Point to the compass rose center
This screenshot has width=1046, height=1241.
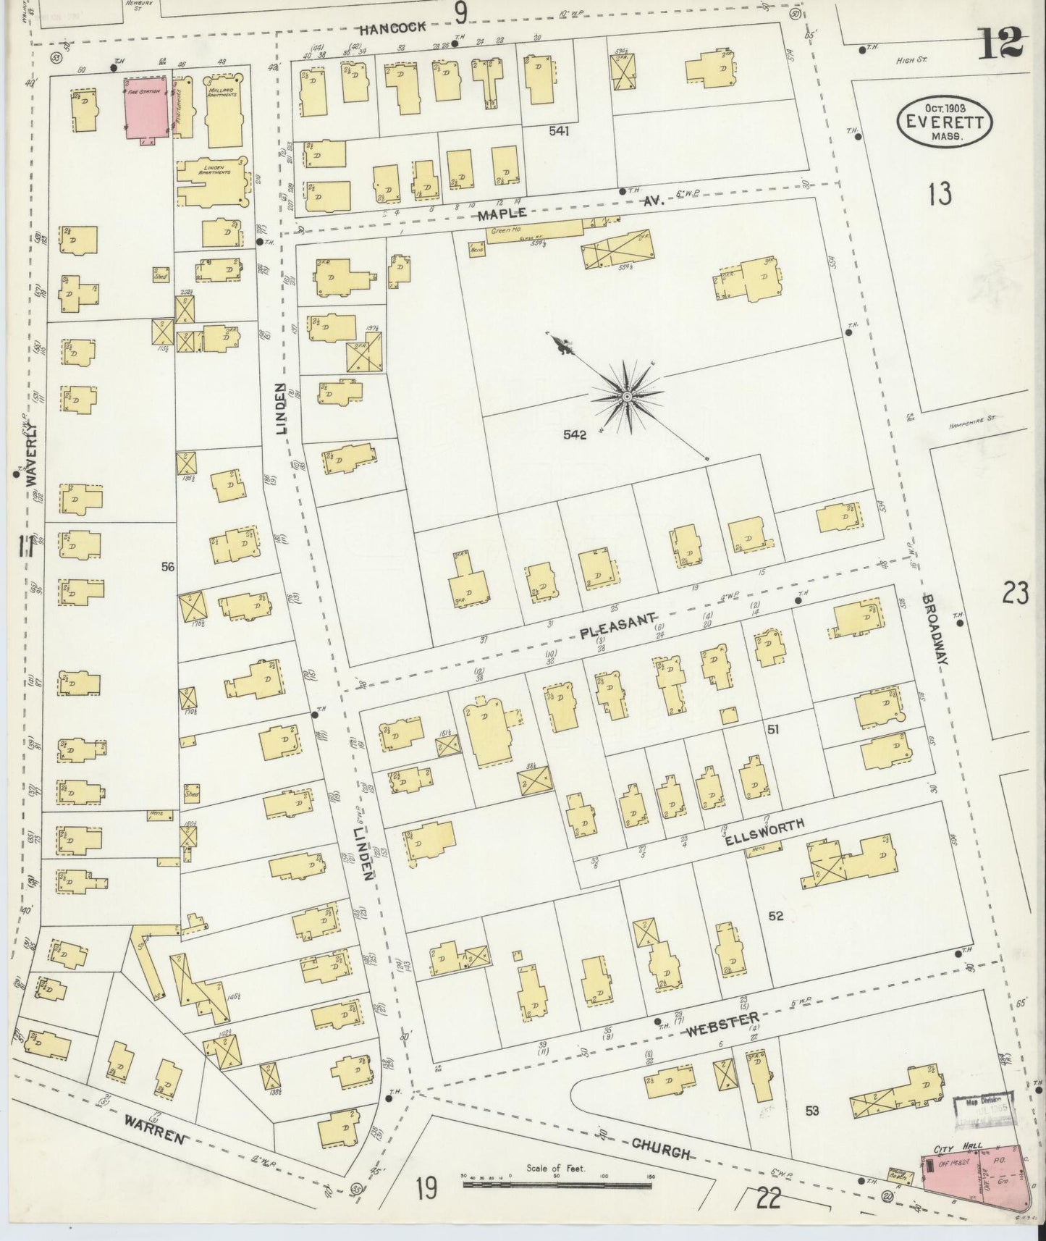626,396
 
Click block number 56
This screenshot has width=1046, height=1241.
168,568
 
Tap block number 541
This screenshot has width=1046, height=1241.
559,131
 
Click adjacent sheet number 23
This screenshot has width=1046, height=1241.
1016,594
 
